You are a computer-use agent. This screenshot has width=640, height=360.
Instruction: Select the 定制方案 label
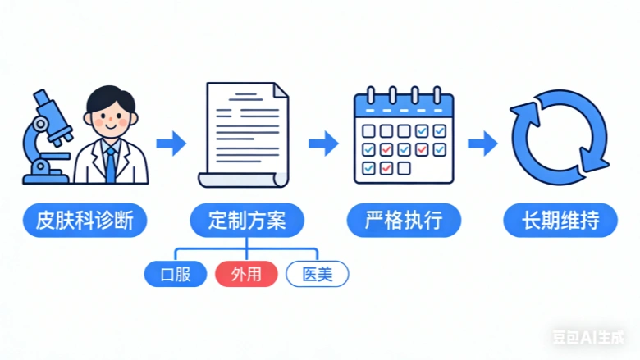(x=246, y=221)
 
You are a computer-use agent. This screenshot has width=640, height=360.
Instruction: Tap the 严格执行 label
(x=403, y=221)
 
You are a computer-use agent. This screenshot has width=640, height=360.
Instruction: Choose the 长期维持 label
(x=560, y=221)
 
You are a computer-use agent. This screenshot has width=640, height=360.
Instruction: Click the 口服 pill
(x=176, y=274)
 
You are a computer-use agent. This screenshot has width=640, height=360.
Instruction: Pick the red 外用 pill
(x=246, y=274)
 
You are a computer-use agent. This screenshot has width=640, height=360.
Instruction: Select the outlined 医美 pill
(x=317, y=274)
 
